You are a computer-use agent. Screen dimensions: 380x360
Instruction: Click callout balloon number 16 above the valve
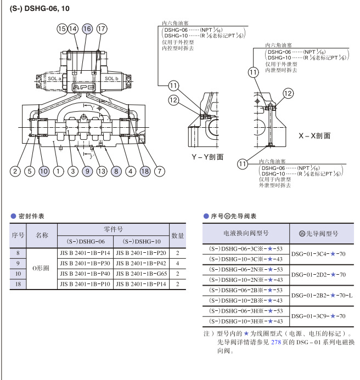coord(87,29)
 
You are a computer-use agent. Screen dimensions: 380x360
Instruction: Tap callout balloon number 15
coord(62,29)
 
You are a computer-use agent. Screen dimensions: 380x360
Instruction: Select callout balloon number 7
coord(159,171)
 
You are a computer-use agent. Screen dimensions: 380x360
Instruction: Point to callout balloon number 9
coord(87,171)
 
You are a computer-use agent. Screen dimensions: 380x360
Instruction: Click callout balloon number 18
coord(145,171)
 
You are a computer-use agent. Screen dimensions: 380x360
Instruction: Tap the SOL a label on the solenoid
coord(54,79)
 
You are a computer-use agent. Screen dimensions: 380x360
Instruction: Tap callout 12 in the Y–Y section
coord(174,100)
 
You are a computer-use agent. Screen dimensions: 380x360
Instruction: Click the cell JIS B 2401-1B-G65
coord(140,273)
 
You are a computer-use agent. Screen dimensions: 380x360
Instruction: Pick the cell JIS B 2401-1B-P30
coord(85,263)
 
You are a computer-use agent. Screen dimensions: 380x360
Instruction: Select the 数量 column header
coord(177,235)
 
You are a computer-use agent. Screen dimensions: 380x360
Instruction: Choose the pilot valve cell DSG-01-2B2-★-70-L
coord(322,294)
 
